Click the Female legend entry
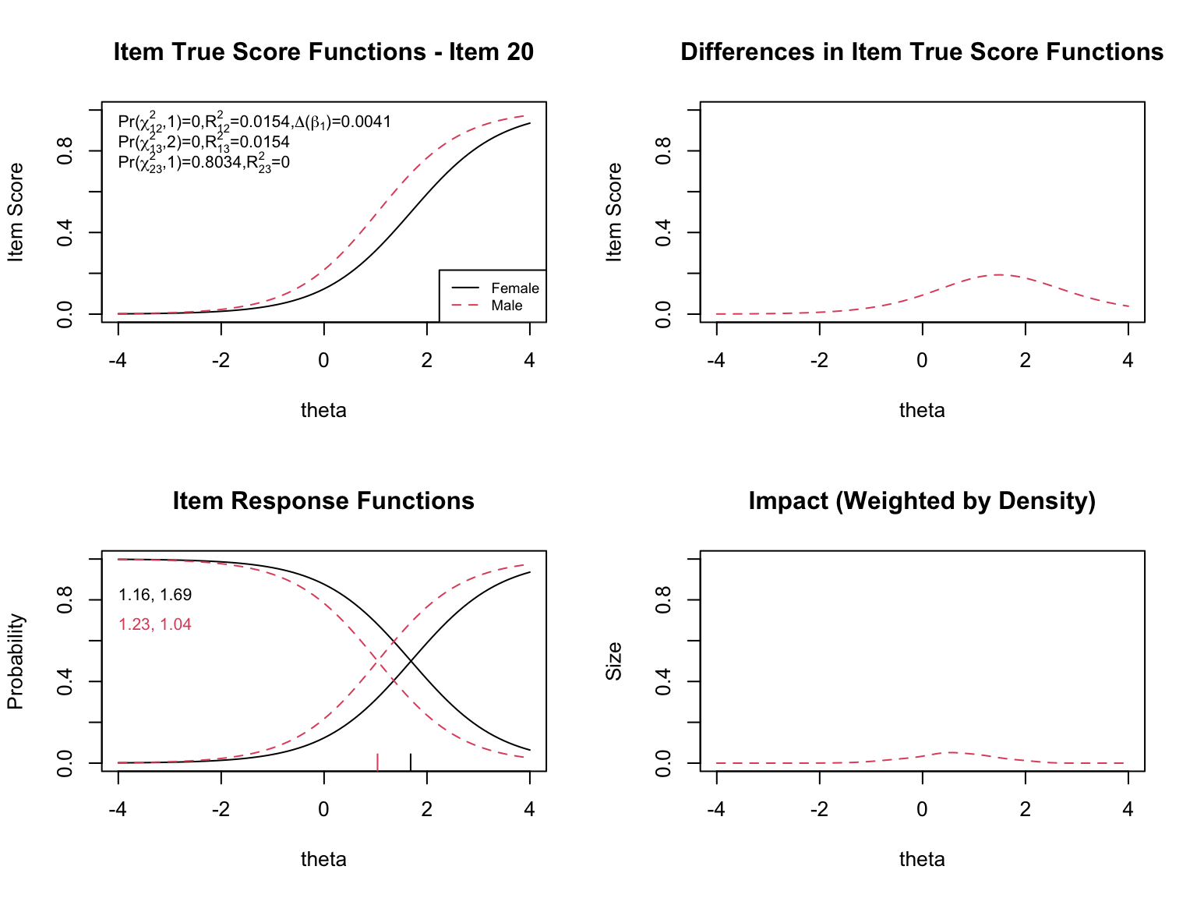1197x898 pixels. coord(514,288)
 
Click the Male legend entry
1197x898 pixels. coord(507,306)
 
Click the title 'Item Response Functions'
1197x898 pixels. coord(323,500)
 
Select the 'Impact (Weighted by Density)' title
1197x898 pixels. coord(922,500)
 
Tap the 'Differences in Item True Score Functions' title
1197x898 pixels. coord(922,52)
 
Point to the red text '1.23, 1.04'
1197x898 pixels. coord(155,624)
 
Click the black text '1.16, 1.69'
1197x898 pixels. coord(155,596)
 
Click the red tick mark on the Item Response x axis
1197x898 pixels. coord(378,762)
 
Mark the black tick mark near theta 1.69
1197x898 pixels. coord(411,762)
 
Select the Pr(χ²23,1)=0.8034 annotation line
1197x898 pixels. coord(203,162)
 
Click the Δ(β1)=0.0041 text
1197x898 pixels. coord(343,122)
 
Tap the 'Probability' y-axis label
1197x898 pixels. coord(16,661)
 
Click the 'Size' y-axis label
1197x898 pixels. coord(614,661)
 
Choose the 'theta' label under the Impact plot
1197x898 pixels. coord(922,859)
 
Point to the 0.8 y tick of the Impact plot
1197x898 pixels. coord(664,599)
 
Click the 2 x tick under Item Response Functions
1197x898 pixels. coord(426,809)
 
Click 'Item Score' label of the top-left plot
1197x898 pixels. coord(16,212)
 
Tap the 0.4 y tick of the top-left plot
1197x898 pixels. coord(65,232)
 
